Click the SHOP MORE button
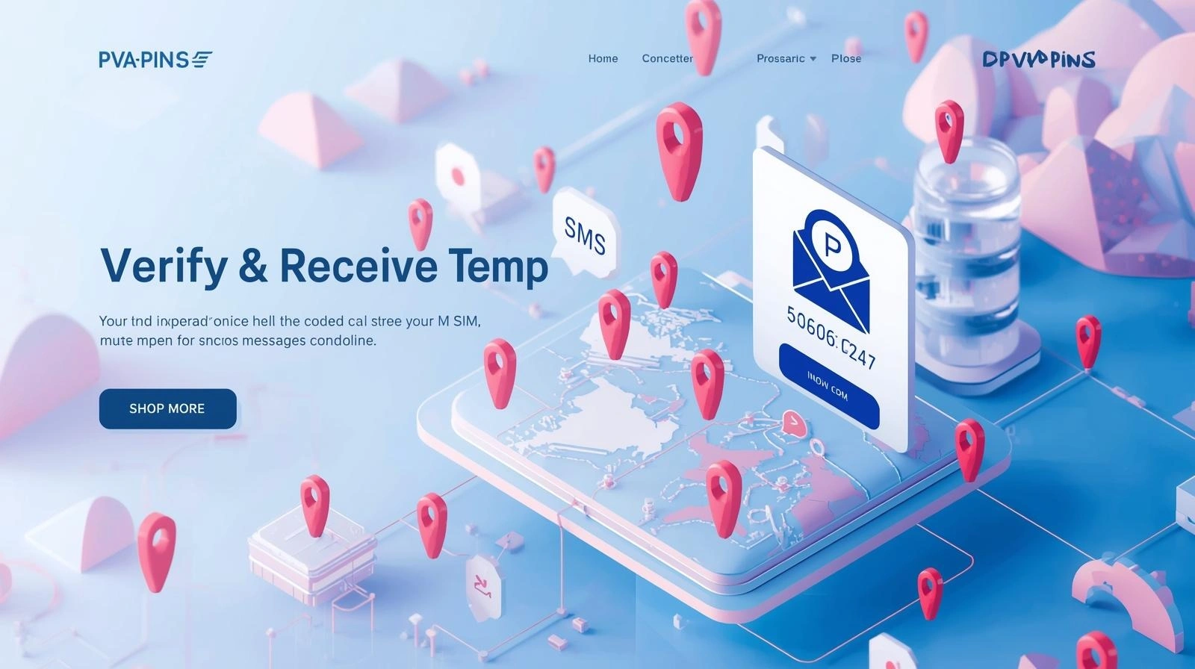pos(167,408)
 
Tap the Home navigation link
pos(603,58)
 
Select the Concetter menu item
pos(667,58)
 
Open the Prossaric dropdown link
pos(780,58)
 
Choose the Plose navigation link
pos(846,58)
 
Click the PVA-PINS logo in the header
pos(155,60)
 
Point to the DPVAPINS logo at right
pos(1038,60)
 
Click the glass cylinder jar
pos(967,254)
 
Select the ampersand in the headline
pos(253,266)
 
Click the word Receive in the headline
pos(358,266)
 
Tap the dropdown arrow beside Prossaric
pos(813,58)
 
